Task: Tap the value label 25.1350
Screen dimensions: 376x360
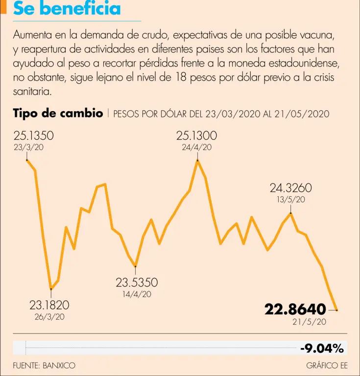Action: pyautogui.click(x=34, y=136)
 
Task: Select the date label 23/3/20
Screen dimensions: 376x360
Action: pyautogui.click(x=29, y=147)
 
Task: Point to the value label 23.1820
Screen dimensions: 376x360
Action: pyautogui.click(x=49, y=305)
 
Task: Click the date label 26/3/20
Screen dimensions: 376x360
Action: pyautogui.click(x=49, y=317)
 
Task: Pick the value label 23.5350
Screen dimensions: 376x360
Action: pyautogui.click(x=137, y=282)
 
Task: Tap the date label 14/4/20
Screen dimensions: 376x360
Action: pyautogui.click(x=137, y=294)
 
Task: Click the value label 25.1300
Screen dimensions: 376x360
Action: pyautogui.click(x=197, y=136)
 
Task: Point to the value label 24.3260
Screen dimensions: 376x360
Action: pyautogui.click(x=291, y=188)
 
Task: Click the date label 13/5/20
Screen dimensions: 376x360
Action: pyautogui.click(x=291, y=199)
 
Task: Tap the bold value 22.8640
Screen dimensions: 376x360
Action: pyautogui.click(x=295, y=309)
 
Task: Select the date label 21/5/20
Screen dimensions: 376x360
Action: pyautogui.click(x=309, y=322)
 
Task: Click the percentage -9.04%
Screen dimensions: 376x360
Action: pyautogui.click(x=322, y=348)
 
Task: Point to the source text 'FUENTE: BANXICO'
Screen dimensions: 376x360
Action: pyautogui.click(x=45, y=365)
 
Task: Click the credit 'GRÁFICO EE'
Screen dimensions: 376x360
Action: pyautogui.click(x=327, y=365)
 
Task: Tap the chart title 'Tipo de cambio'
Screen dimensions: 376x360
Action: pyautogui.click(x=58, y=114)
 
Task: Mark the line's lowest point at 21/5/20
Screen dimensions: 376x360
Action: pyautogui.click(x=336, y=310)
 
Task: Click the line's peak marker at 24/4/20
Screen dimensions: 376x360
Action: pyautogui.click(x=197, y=160)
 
